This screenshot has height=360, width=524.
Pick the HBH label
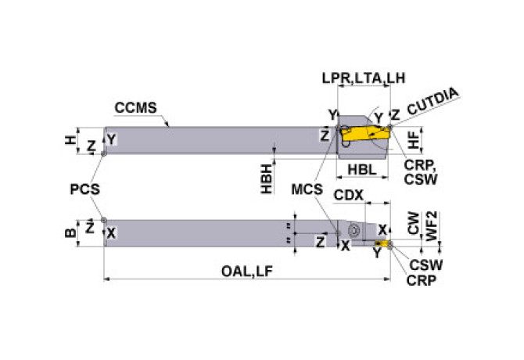point(267,178)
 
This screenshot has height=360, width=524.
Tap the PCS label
point(85,189)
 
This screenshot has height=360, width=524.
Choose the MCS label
point(307,190)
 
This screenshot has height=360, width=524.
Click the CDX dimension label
point(350,193)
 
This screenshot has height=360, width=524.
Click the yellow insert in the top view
point(366,136)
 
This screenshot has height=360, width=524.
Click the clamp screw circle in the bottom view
point(354,231)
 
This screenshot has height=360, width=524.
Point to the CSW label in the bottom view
point(422,265)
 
